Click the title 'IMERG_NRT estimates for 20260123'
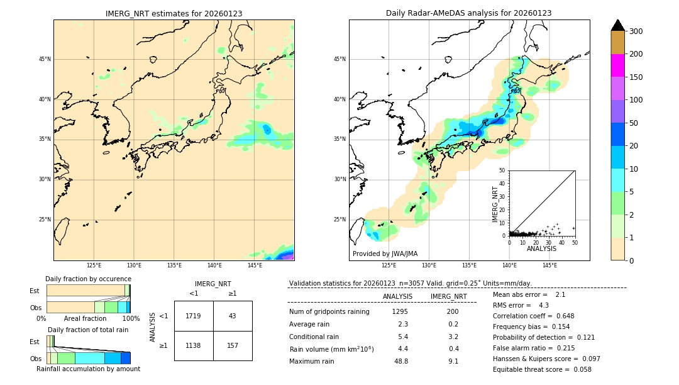point(174,13)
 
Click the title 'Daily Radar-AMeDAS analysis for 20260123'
point(469,13)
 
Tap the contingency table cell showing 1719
point(194,316)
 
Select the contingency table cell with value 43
point(233,316)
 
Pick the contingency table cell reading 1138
point(194,345)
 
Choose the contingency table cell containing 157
point(233,345)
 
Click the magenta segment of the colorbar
point(618,65)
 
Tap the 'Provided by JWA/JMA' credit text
point(385,254)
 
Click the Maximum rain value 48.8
point(400,362)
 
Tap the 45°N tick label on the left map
point(45,59)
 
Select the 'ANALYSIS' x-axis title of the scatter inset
point(541,248)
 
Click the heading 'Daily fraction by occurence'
point(88,279)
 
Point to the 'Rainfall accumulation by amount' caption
point(88,369)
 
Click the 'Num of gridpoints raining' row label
point(329,312)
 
